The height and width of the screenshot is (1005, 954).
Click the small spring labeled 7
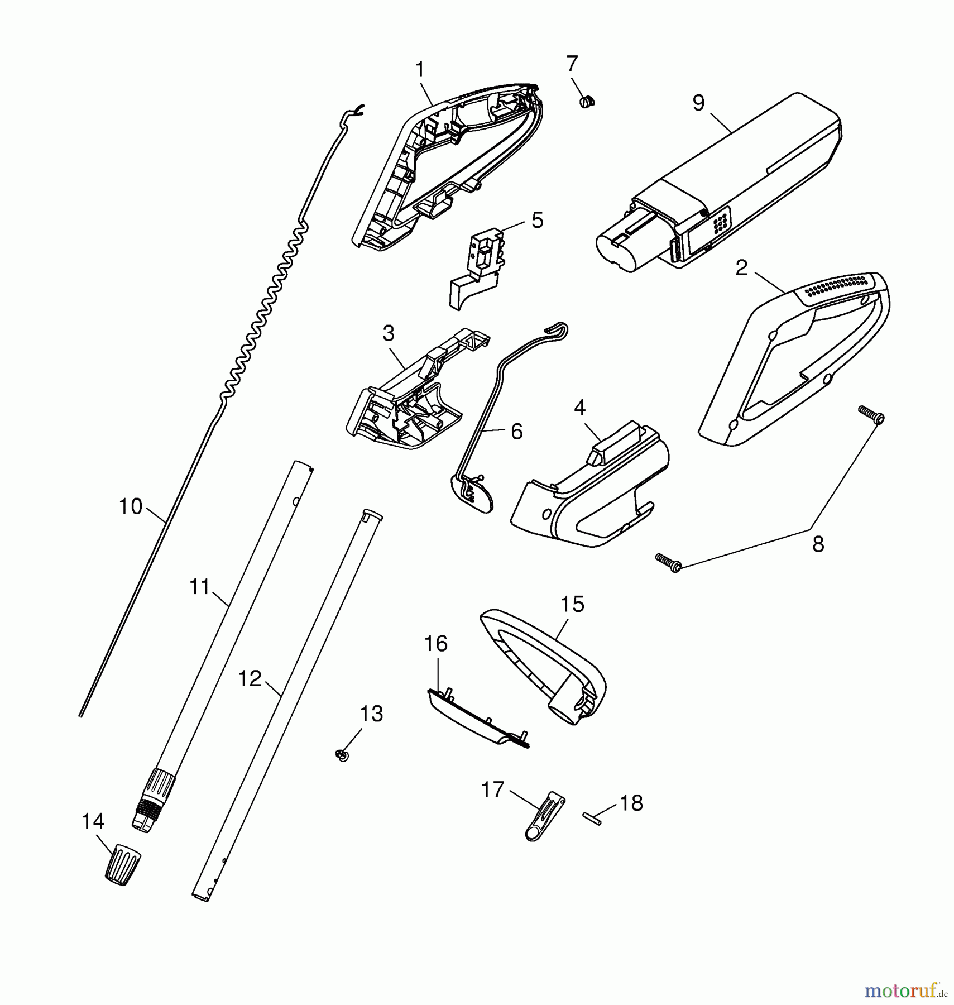(587, 102)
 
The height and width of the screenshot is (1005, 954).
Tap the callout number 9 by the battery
(698, 103)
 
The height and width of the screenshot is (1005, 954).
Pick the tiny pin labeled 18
(593, 818)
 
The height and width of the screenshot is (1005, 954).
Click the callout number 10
(131, 506)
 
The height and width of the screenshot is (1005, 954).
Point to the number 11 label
(199, 587)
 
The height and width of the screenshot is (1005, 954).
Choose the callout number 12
(250, 679)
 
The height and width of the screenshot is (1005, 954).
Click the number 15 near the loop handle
(572, 604)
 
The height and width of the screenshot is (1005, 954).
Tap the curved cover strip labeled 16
(477, 718)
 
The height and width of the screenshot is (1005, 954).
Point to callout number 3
(388, 334)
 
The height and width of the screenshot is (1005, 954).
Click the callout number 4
(579, 408)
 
